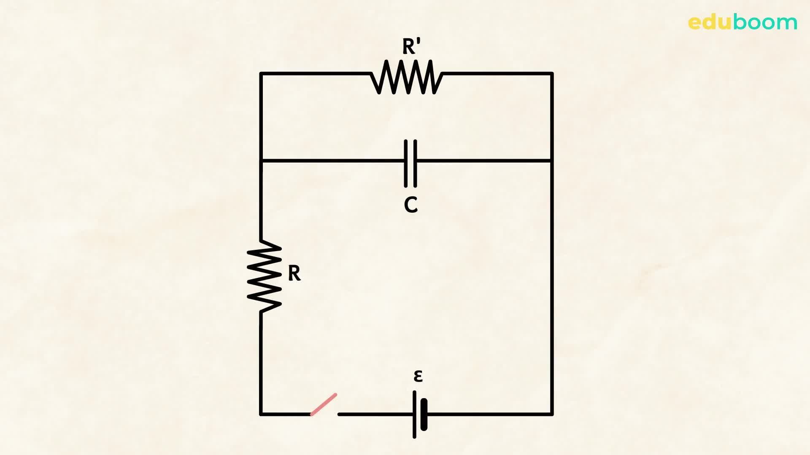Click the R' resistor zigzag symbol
407,77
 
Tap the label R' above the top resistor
411,46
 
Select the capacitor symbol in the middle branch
410,163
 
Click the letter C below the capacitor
410,205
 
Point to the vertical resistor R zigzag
264,276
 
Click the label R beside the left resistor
294,273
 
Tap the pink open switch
324,404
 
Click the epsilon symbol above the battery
418,375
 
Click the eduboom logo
742,22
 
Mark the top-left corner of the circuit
261,74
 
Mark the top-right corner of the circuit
552,74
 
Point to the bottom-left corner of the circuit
261,415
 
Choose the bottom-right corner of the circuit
552,415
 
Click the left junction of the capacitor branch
261,161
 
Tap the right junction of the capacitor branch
552,161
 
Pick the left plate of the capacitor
406,163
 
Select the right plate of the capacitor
416,163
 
